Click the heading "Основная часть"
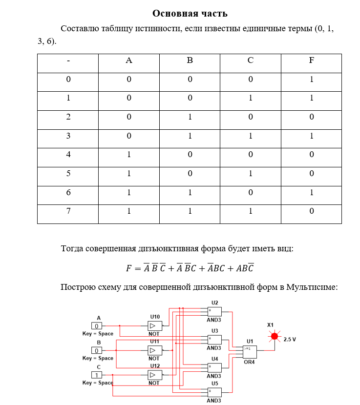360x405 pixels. point(190,13)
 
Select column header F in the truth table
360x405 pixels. point(311,61)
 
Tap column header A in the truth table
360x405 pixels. point(129,61)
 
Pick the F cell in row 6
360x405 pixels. point(311,192)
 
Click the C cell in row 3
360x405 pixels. point(250,136)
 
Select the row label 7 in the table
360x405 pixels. point(68,211)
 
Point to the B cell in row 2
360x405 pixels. point(190,117)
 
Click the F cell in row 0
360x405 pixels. point(311,80)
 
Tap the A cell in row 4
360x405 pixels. point(129,155)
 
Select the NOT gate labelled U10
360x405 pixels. point(155,325)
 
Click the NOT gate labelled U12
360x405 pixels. point(155,375)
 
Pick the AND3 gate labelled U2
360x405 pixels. point(214,311)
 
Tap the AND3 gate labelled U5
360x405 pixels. point(214,392)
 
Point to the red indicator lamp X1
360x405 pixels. point(275,336)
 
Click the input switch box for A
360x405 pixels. point(97,325)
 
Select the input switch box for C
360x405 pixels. point(97,375)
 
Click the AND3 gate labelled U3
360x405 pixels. point(214,339)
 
